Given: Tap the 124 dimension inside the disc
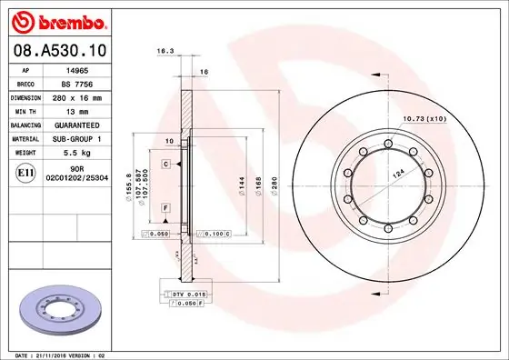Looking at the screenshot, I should click(397, 174).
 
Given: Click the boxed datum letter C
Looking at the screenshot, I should click(166, 164).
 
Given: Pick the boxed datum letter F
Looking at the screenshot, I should click(166, 209).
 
